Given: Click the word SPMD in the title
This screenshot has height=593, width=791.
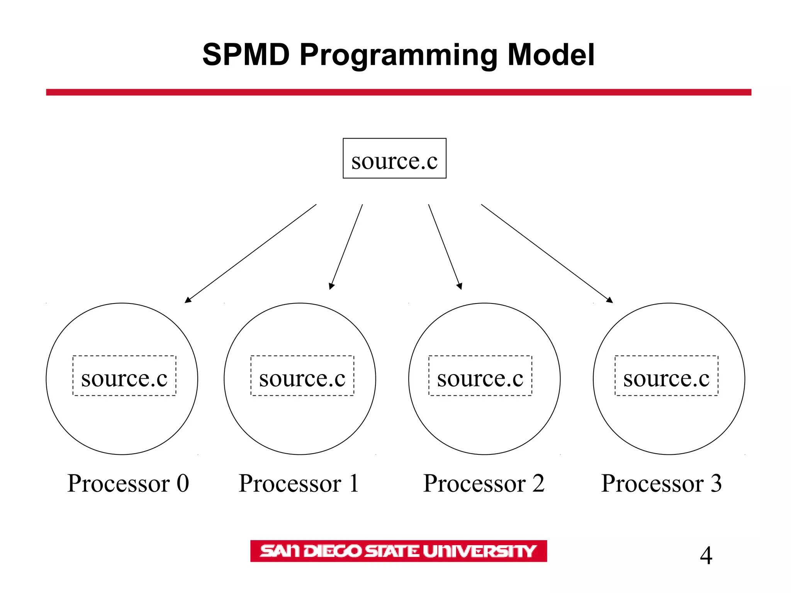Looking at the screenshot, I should point(246,55).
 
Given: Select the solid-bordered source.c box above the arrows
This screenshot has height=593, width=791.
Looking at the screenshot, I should point(394,158).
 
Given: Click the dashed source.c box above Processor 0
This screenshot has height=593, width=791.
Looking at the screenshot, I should point(124,376).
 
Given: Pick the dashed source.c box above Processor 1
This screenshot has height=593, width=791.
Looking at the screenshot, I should point(302,376).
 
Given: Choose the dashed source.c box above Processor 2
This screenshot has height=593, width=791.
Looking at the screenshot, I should point(480,376).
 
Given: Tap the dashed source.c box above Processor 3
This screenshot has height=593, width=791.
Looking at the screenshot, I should point(666,376).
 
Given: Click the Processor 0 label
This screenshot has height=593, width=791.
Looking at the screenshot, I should point(128,483).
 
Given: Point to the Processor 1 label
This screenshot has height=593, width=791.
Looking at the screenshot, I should point(299,483).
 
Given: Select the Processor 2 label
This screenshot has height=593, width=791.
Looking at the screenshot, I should point(484,483).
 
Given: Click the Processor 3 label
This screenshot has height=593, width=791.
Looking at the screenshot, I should point(661,483).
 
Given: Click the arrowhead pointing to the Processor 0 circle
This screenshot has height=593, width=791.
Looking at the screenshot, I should point(188,300).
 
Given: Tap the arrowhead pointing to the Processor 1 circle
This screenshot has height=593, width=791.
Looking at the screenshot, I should point(331,286).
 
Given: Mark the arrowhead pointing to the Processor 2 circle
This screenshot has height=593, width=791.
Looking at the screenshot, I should point(460,286).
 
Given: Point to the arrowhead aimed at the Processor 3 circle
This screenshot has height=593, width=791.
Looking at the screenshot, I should point(609,300).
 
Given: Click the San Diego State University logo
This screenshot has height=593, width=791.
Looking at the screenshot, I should point(398,551).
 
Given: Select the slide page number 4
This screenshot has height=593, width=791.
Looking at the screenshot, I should point(706,556).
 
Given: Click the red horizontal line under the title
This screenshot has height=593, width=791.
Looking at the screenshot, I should point(399,92).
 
